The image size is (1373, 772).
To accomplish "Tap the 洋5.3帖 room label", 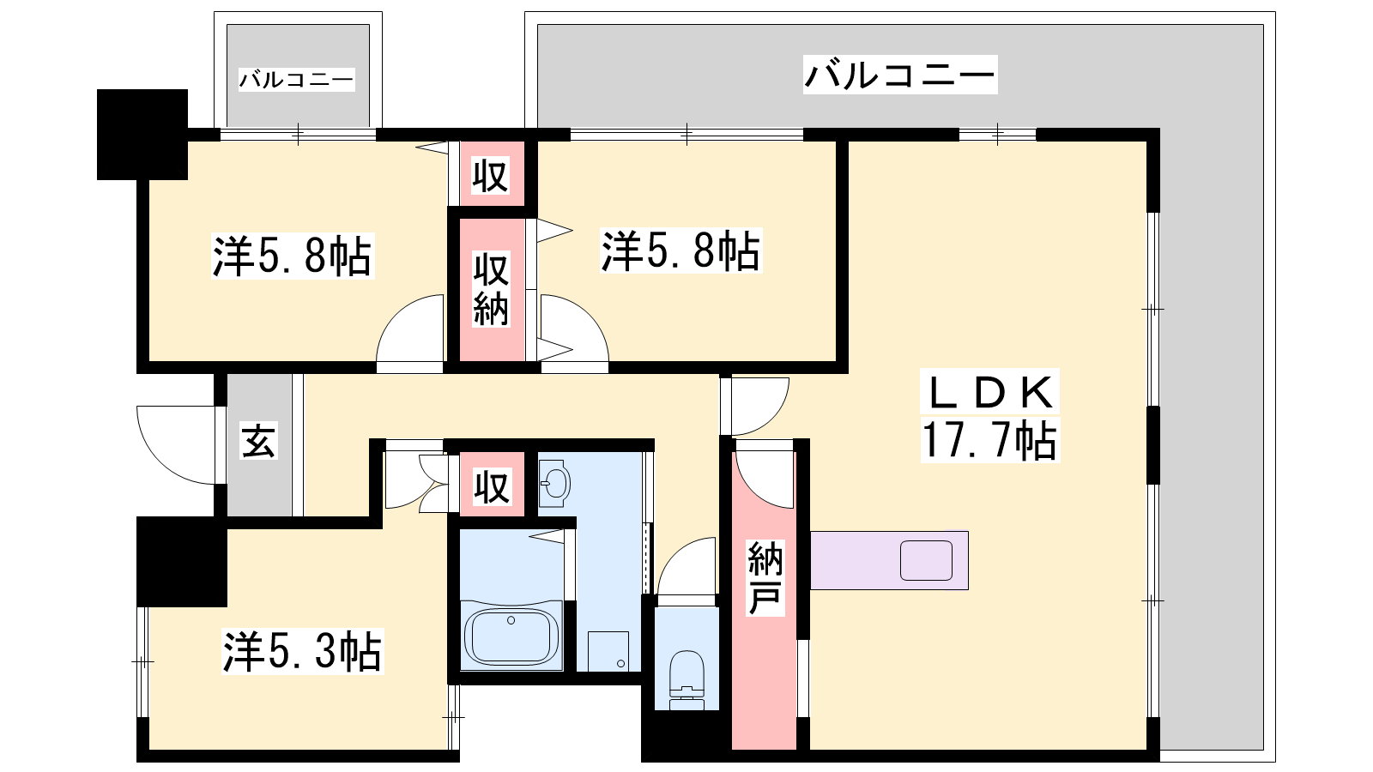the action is (302, 651).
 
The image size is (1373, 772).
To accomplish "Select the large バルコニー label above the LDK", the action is (900, 75).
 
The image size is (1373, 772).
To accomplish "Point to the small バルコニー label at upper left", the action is (297, 80).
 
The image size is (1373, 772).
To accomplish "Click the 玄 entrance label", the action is (258, 440).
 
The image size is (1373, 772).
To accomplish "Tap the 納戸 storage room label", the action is (765, 578).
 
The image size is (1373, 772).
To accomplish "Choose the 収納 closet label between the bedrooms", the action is (490, 290).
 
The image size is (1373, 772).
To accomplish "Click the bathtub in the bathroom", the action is (511, 636).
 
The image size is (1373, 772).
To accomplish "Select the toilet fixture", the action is (686, 679).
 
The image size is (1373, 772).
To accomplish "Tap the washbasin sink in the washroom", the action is (554, 484).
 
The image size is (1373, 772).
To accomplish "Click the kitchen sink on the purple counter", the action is (926, 560).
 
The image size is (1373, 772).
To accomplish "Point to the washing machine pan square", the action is (608, 651).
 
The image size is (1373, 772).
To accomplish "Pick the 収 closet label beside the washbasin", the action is (492, 487).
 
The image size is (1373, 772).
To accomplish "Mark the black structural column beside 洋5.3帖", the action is (181, 562).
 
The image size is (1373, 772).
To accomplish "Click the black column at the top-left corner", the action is (142, 134).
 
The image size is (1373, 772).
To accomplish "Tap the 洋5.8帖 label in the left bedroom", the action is (293, 256).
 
